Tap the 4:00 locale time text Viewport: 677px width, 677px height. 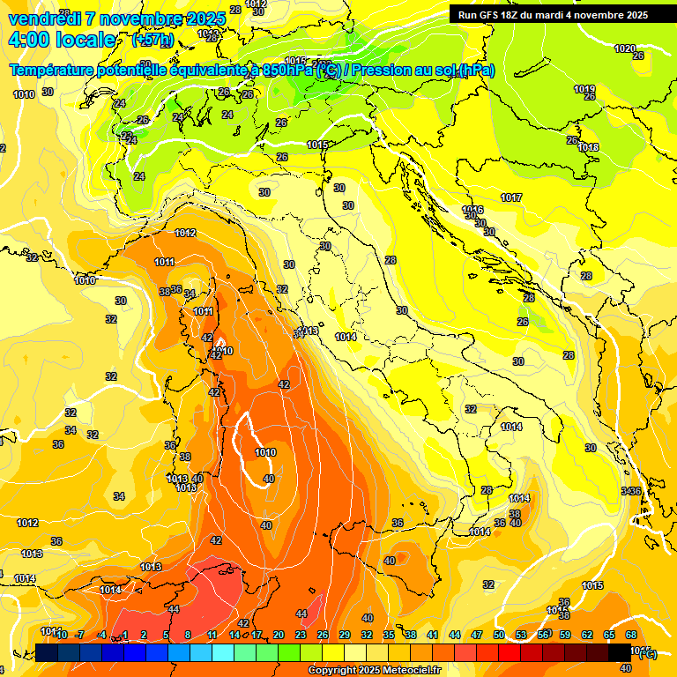pos(62,41)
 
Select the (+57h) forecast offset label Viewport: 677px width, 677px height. pos(152,41)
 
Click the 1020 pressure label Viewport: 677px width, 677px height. pos(624,48)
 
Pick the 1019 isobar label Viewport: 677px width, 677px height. pos(584,89)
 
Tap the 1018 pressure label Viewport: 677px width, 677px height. pos(589,147)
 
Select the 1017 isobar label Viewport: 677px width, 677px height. pos(511,197)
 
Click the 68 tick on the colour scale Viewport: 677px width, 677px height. pos(631,635)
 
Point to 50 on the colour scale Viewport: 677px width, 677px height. pos(499,635)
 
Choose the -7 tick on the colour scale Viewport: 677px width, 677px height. pos(80,635)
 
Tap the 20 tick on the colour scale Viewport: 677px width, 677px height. pos(279,635)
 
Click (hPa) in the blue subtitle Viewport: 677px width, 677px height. pos(477,71)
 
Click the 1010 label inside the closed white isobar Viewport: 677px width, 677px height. pos(264,452)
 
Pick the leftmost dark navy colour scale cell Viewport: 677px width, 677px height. pos(47,652)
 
